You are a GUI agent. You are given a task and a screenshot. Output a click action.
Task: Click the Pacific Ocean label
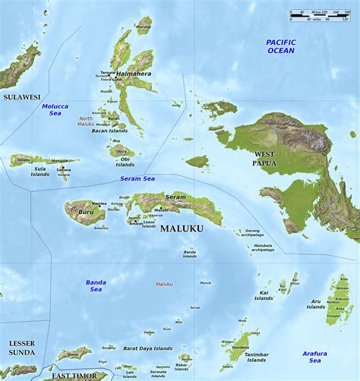(x=280, y=46)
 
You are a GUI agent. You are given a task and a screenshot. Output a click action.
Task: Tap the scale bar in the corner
(x=319, y=15)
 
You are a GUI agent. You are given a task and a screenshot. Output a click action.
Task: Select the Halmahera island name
(x=133, y=74)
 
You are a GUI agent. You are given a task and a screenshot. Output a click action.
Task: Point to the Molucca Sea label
(x=55, y=110)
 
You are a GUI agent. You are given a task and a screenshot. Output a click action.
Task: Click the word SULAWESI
(x=21, y=97)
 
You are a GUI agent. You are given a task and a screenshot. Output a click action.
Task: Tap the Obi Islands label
(x=125, y=161)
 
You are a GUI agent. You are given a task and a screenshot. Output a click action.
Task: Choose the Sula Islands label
(x=39, y=171)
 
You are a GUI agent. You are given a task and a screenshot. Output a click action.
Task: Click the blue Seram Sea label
(x=137, y=178)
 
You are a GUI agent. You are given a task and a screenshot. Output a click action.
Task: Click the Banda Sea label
(x=96, y=285)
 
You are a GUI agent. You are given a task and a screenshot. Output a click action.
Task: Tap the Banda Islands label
(x=189, y=253)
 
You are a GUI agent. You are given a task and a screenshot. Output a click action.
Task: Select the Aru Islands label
(x=316, y=304)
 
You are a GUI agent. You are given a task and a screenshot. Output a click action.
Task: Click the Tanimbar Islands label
(x=256, y=357)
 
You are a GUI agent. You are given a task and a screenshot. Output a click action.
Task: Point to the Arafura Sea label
(x=314, y=357)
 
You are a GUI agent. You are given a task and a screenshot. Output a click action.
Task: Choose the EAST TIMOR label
(x=75, y=376)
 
